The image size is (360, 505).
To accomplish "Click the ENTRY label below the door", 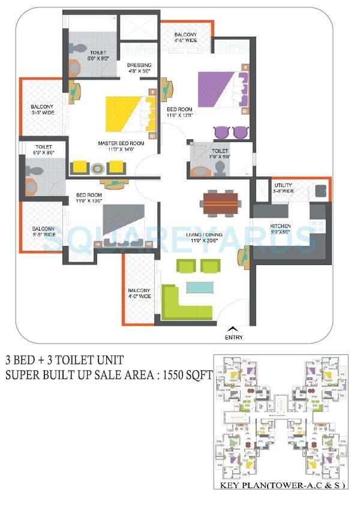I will click(234, 338).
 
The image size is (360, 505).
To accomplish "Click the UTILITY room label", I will click(283, 185).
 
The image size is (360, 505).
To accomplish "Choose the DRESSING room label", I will click(139, 65).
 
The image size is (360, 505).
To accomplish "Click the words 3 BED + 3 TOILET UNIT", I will click(64, 360).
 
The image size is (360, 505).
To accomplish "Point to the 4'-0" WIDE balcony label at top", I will click(185, 42).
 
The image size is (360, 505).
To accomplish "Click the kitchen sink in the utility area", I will click(321, 192).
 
